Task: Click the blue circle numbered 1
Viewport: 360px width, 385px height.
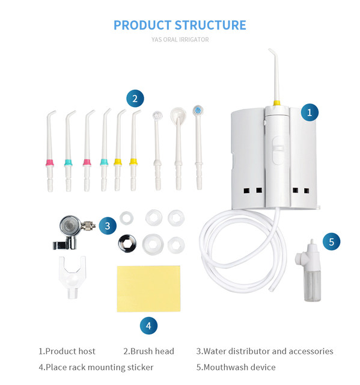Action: [x=310, y=112]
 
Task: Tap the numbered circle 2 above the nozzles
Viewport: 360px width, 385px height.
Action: [x=135, y=99]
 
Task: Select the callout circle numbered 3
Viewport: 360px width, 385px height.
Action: [x=108, y=226]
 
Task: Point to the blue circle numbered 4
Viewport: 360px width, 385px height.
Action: [x=148, y=325]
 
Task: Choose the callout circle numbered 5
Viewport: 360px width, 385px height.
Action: [x=331, y=242]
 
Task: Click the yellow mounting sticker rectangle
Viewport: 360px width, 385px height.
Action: [x=148, y=289]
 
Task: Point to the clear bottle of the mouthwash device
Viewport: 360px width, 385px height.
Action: [x=312, y=285]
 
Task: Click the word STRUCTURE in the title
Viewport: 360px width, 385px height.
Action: [x=210, y=25]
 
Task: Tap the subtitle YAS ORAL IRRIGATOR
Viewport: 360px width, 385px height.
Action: [x=180, y=40]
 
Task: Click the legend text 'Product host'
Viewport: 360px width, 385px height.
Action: [x=70, y=351]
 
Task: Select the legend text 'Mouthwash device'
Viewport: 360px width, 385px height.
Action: [x=240, y=367]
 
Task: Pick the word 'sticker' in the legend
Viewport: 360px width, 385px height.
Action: [x=141, y=368]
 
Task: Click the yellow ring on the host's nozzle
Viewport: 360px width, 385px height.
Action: [x=277, y=103]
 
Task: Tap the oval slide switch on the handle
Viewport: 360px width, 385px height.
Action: [x=278, y=150]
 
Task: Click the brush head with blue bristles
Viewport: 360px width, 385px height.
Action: [x=198, y=110]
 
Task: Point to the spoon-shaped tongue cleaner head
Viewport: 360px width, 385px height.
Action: [x=178, y=115]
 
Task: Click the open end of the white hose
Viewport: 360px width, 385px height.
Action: [x=270, y=289]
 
